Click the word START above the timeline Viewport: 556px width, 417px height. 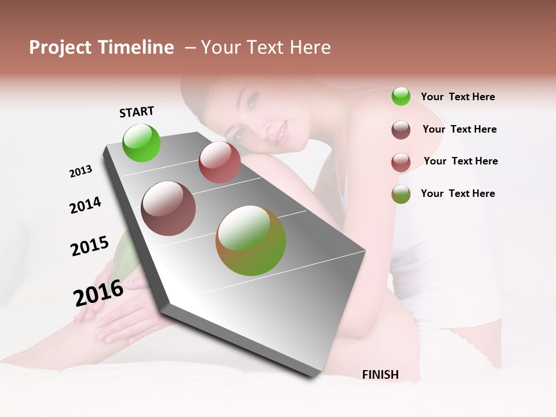137,112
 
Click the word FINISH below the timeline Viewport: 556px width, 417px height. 381,375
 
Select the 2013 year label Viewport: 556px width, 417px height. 81,171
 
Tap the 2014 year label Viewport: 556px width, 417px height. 85,206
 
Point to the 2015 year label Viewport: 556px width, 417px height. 90,246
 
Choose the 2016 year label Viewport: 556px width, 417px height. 98,293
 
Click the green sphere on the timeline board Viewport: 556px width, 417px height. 142,142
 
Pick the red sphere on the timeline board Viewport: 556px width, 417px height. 220,162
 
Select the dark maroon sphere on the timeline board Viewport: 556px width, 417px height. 169,209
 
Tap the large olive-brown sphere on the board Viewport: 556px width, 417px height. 251,240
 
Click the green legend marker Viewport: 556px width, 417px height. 401,96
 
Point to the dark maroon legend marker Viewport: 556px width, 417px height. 401,130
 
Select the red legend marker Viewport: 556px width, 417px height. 401,162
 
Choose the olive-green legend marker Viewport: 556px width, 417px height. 401,194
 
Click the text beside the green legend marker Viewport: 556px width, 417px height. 458,97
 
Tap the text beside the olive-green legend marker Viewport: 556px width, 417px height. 458,193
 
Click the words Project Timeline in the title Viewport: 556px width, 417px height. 101,47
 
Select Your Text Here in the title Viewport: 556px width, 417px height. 266,47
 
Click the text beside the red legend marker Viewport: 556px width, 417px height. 460,161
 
